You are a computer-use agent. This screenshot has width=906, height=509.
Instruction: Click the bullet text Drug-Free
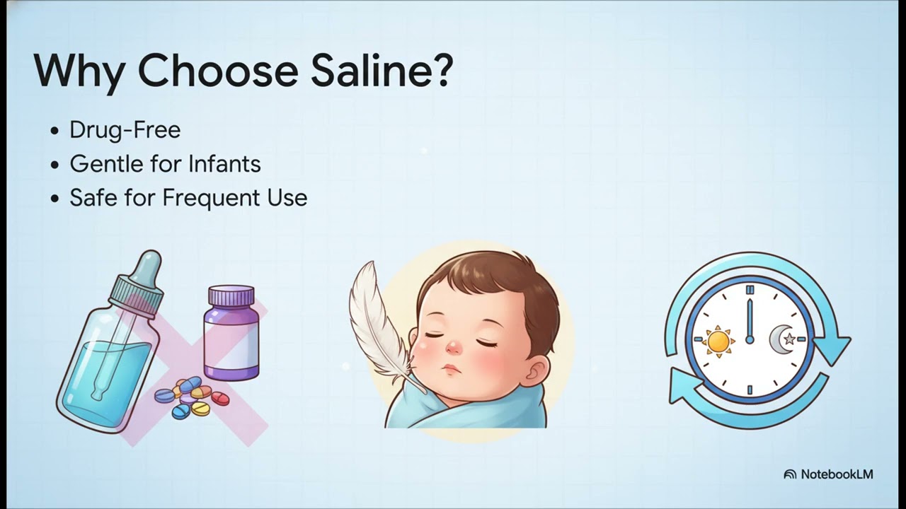pos(125,130)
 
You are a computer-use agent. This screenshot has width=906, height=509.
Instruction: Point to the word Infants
pos(226,164)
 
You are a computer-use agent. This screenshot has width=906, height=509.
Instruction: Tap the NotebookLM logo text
pos(837,474)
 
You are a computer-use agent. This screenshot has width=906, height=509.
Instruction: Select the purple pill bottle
pos(231,336)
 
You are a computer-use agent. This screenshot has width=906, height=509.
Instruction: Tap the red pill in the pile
pos(220,399)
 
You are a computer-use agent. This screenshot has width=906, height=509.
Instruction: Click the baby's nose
pos(453,347)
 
